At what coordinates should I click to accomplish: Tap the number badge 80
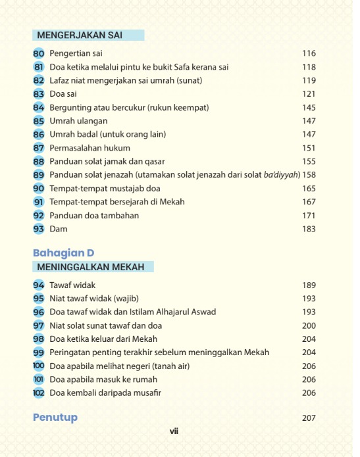(x=38, y=53)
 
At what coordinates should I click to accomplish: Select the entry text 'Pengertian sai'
(x=75, y=53)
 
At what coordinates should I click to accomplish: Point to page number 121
(x=309, y=94)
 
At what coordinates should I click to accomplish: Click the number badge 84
(x=38, y=107)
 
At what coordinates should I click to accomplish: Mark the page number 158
(x=309, y=175)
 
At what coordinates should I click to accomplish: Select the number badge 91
(x=38, y=202)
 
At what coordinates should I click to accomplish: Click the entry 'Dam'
(x=59, y=229)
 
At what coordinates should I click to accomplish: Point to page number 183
(x=309, y=229)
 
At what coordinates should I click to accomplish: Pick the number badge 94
(x=38, y=285)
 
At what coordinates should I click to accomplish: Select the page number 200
(x=309, y=325)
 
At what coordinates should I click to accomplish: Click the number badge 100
(x=38, y=366)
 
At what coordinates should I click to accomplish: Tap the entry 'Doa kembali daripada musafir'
(x=105, y=393)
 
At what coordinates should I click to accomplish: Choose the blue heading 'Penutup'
(x=55, y=418)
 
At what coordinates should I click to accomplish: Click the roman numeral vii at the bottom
(x=174, y=432)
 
